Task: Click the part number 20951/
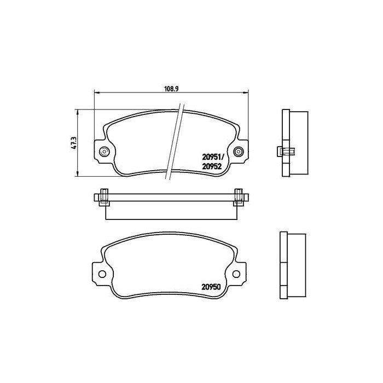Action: coord(212,158)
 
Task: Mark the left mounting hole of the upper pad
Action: coord(103,152)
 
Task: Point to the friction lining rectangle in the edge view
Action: coord(170,211)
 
